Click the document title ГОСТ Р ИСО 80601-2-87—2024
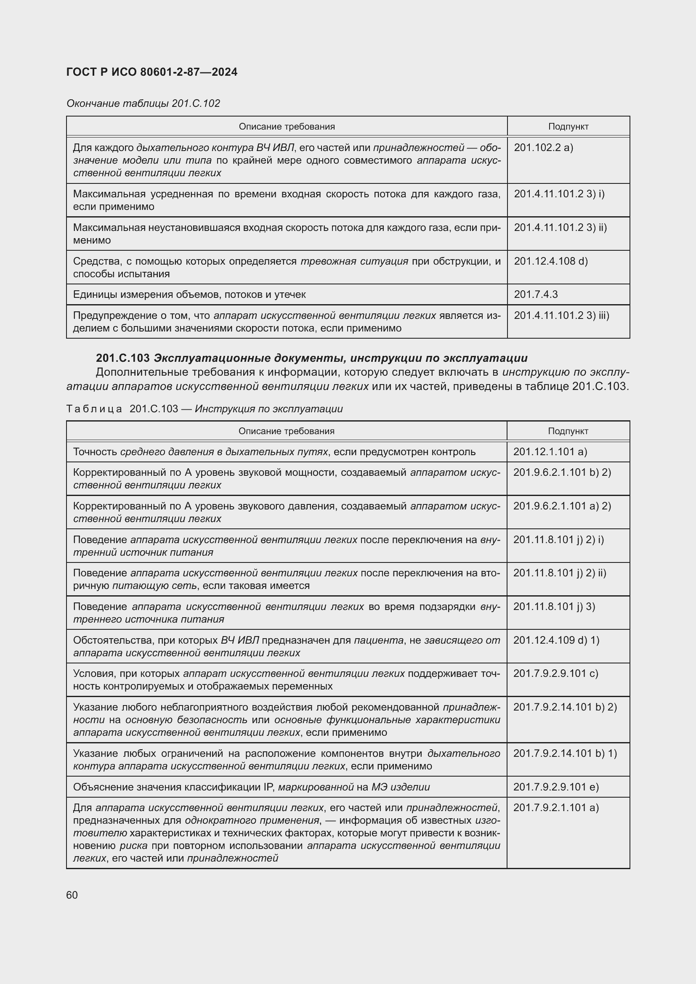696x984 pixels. pyautogui.click(x=152, y=72)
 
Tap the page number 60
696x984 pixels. pyautogui.click(x=72, y=895)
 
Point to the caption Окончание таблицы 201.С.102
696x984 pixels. pyautogui.click(x=143, y=103)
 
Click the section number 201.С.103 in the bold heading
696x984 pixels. pyautogui.click(x=122, y=358)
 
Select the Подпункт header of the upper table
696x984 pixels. pyautogui.click(x=568, y=127)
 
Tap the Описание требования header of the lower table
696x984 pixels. pyautogui.click(x=286, y=431)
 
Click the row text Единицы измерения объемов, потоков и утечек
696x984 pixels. pyautogui.click(x=189, y=294)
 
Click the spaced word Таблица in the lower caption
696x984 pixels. pyautogui.click(x=94, y=409)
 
